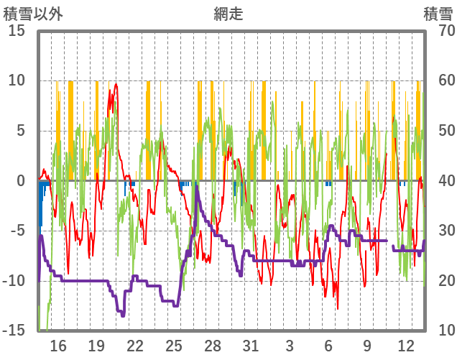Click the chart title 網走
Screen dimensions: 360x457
tap(228, 14)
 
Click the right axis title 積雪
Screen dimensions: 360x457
tap(436, 14)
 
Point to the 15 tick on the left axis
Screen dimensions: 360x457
tap(17, 31)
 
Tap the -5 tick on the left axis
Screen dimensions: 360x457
tap(17, 231)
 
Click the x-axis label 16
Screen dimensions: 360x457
tap(58, 346)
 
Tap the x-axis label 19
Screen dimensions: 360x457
tap(96, 346)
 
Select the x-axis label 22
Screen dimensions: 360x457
tap(135, 346)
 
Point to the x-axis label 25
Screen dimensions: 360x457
tap(174, 346)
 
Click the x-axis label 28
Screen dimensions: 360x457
tap(213, 346)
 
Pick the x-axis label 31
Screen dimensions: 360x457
tap(251, 346)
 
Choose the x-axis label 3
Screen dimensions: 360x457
tap(290, 346)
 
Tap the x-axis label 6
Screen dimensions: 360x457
tap(328, 346)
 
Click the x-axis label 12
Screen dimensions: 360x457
tap(405, 346)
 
